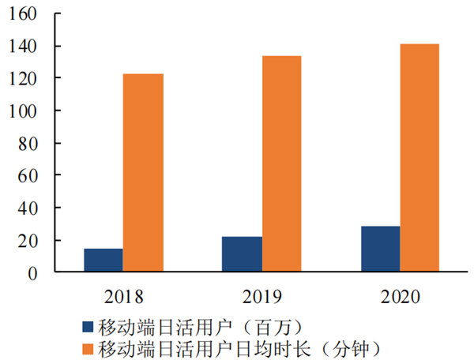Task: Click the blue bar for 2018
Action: (x=103, y=261)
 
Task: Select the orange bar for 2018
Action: (x=143, y=173)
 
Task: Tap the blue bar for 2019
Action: (x=242, y=254)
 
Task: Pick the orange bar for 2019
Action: (x=282, y=164)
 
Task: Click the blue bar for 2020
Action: (x=380, y=249)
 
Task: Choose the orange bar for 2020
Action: (x=419, y=158)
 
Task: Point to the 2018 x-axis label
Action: (x=123, y=296)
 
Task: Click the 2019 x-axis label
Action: (x=261, y=296)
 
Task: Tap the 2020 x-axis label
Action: (x=400, y=296)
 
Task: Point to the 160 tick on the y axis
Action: (x=25, y=14)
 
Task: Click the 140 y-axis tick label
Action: (x=25, y=47)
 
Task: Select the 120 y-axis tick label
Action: (x=25, y=79)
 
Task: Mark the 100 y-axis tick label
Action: (x=25, y=111)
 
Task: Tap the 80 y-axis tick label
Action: (x=30, y=144)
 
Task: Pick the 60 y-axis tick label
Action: (x=30, y=175)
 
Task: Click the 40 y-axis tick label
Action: (x=30, y=208)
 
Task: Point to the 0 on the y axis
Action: (x=35, y=272)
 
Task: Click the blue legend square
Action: (x=87, y=325)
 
